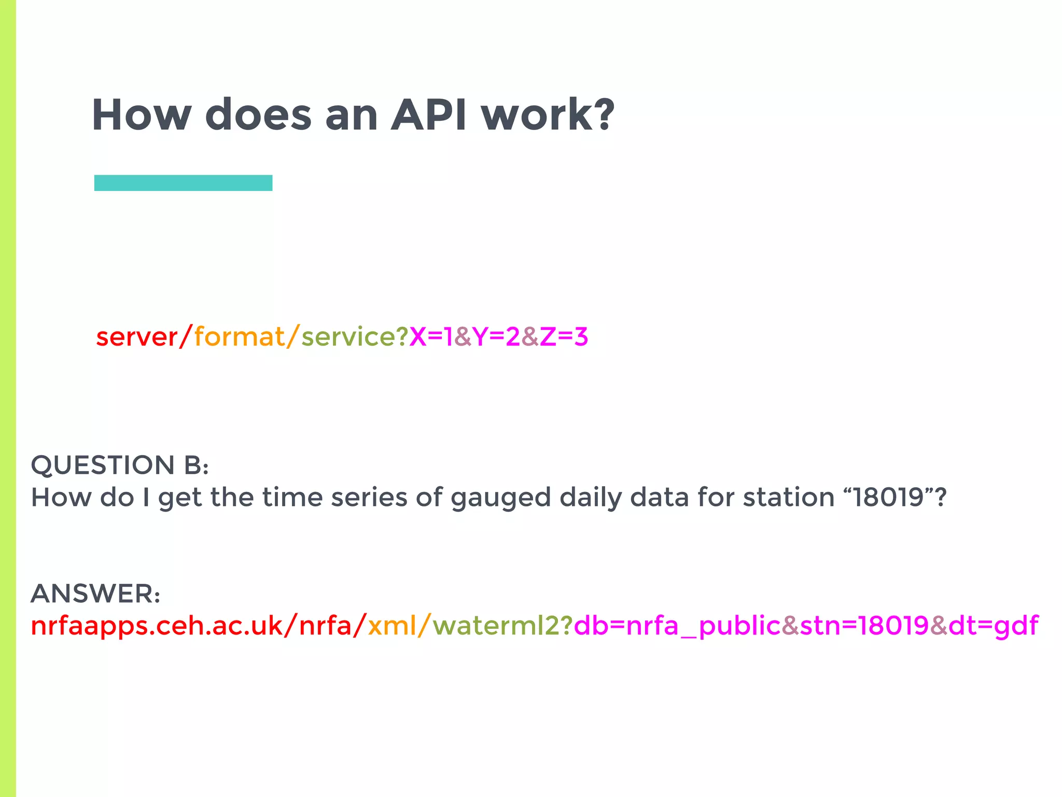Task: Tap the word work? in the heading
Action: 548,115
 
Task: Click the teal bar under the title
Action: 183,183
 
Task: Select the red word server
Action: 137,337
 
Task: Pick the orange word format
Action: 240,337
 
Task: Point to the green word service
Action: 348,337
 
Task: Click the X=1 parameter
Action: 431,337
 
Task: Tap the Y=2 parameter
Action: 496,337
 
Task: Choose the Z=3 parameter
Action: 564,337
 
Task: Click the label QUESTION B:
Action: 120,465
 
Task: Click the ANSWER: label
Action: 95,594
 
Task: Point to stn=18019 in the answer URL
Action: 864,626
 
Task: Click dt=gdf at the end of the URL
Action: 993,626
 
